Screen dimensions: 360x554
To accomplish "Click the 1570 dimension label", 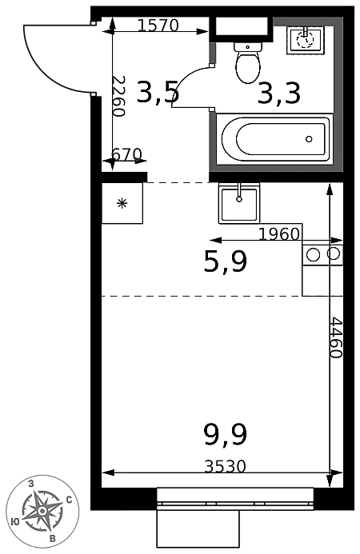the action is pos(158,25).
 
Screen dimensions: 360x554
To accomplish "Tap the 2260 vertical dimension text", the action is pos(119,96).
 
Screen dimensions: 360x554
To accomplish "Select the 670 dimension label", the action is pos(126,154).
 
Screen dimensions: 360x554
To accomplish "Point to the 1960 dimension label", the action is pos(279,233).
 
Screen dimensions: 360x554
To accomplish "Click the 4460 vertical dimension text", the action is pos(335,338).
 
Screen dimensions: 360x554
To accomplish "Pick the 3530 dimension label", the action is pos(225,466).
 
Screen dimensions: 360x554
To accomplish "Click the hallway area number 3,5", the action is pos(158,93).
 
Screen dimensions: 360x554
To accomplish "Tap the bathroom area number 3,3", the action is pos(279,94).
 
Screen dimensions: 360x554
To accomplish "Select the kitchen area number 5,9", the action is pos(226,261).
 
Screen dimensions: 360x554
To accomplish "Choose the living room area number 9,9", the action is pos(226,435).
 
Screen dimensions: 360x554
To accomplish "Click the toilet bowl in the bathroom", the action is pos(248,63).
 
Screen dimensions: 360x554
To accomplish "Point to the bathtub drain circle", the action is pos(309,139).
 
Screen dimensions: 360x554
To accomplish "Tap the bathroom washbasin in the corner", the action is pos(305,40).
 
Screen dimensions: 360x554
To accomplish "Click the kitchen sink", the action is pos(239,204).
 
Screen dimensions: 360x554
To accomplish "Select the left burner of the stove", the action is pos(314,254).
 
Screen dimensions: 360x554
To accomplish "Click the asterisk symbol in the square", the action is pos(122,203).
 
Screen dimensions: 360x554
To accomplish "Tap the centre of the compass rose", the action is pos(42,511).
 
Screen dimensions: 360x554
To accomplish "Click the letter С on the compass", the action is pos(70,500).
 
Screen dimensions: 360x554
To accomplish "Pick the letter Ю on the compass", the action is pos(15,521).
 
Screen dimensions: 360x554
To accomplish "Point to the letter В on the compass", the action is pos(53,539).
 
